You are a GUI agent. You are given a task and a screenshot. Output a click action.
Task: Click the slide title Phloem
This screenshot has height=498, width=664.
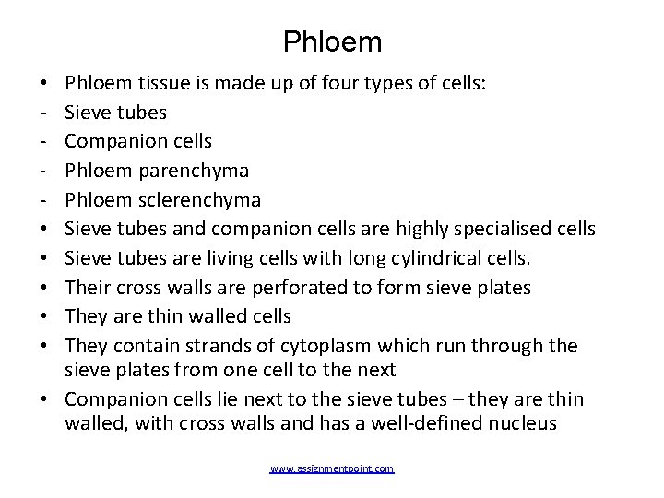[331, 41]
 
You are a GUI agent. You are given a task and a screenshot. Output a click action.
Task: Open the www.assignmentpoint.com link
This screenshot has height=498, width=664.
[331, 469]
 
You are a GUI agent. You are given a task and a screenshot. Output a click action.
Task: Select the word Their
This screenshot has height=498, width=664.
[89, 287]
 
